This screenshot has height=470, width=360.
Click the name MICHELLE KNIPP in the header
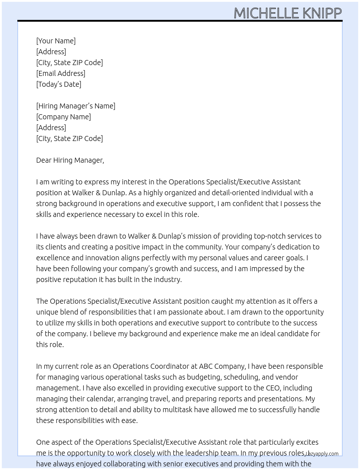pos(287,13)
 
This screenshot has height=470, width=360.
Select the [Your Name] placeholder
pos(56,41)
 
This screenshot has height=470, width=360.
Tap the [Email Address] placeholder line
pos(61,73)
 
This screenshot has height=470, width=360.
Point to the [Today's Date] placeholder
pos(59,84)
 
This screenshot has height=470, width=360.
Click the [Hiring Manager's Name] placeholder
pos(76,106)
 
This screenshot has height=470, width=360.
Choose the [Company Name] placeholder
pos(63,117)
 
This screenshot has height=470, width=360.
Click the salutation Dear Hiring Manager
pos(70,160)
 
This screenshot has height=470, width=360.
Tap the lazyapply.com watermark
pos(322,454)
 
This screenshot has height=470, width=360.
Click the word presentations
pos(280,399)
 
